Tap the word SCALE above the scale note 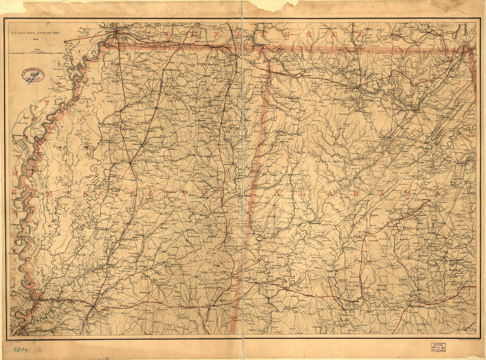(x=35, y=49)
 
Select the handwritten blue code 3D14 (x=20, y=350)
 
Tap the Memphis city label (x=110, y=31)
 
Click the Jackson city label (x=90, y=305)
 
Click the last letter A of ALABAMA (x=437, y=193)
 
